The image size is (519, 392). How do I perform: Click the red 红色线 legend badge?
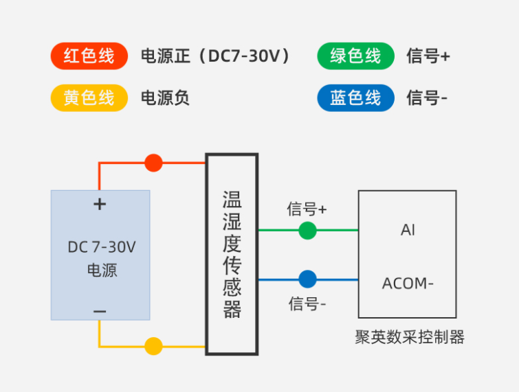tap(89, 56)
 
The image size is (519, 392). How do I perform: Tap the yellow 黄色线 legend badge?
tap(89, 98)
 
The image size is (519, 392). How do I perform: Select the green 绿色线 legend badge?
tap(355, 56)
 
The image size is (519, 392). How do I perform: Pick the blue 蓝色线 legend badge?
tap(355, 98)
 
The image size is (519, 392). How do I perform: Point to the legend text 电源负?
tap(165, 98)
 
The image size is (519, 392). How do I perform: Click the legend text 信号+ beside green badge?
tap(428, 56)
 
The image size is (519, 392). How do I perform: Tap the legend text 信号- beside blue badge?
tap(427, 98)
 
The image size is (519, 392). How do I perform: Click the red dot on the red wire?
tap(153, 163)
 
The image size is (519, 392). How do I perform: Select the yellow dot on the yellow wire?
tap(153, 346)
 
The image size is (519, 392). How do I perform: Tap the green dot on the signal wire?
tap(307, 231)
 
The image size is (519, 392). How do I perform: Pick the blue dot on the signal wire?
tap(307, 279)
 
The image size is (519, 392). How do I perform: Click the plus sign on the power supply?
tap(100, 204)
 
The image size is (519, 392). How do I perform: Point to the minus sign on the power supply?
tap(100, 311)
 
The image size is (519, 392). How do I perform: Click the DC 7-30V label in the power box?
tap(101, 247)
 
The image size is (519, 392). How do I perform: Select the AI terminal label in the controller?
tap(408, 230)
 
